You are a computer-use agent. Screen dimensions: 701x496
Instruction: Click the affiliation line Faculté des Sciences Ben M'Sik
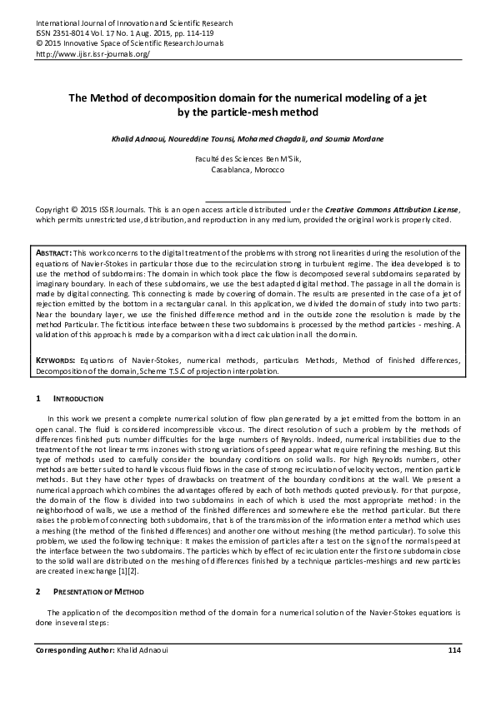click(x=248, y=158)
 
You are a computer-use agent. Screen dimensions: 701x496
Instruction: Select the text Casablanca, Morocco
click(x=248, y=169)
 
